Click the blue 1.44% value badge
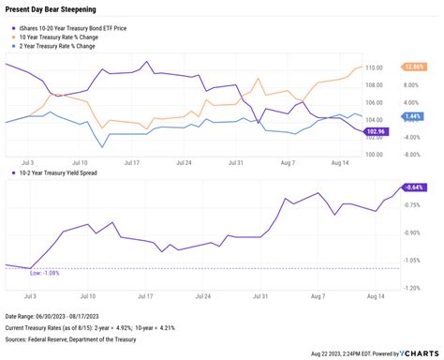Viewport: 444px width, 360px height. [x=412, y=116]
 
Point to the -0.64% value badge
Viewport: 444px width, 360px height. [x=413, y=187]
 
